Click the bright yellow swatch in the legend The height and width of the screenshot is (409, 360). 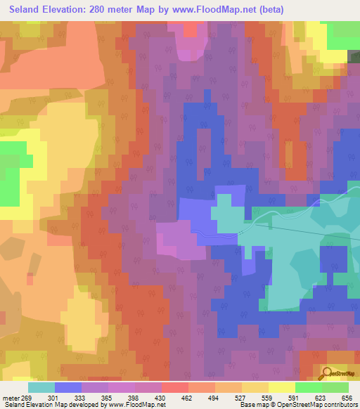coord(281,387)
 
